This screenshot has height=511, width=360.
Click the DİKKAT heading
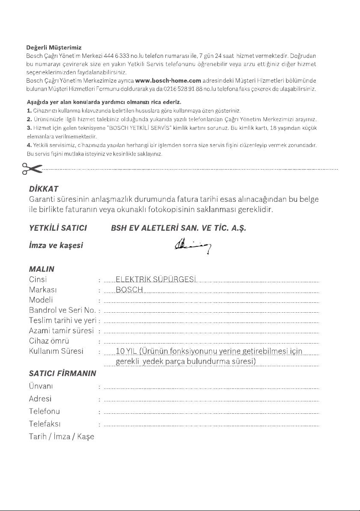(x=44, y=189)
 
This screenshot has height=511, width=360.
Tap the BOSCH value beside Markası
(x=129, y=290)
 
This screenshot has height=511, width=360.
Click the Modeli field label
(x=41, y=300)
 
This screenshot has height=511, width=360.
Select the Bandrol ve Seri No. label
(x=62, y=310)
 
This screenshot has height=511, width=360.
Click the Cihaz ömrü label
(x=49, y=341)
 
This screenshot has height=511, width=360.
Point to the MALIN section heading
(x=42, y=269)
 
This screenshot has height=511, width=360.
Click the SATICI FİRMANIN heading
(x=62, y=373)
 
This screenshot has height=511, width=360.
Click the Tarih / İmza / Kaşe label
(x=62, y=437)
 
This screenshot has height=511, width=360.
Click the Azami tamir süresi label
(x=61, y=331)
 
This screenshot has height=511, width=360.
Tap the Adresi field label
(x=40, y=398)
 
